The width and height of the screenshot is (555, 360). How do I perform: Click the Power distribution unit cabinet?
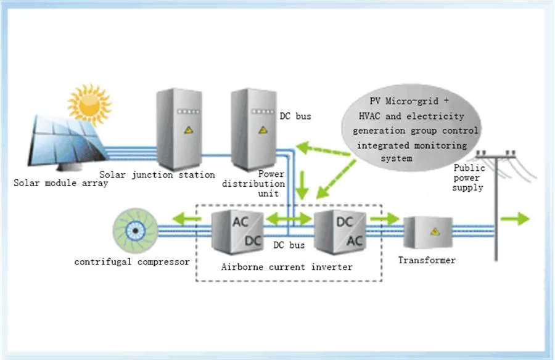253,129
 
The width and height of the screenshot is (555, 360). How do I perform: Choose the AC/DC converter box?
238,231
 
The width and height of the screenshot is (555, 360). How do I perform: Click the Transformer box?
427,233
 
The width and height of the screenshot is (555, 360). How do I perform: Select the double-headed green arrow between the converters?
287,218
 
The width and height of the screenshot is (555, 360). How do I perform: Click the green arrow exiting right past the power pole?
515,218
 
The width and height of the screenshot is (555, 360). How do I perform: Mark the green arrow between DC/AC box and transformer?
385,218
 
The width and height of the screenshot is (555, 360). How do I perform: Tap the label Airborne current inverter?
287,267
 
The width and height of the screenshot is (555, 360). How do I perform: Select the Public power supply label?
469,178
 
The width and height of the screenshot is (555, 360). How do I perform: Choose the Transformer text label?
427,260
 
